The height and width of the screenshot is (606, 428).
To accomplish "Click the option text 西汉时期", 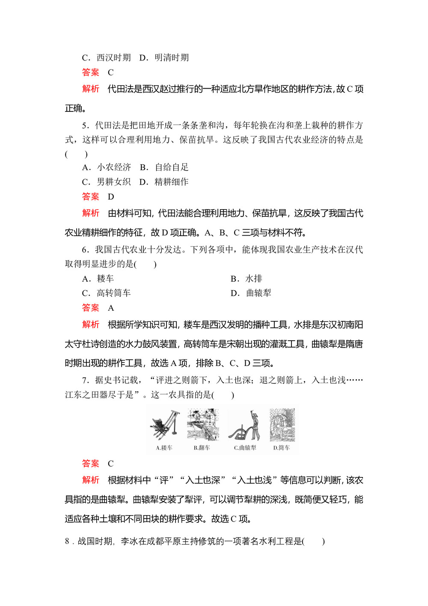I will [113, 58].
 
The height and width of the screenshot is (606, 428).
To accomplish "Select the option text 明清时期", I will [171, 58].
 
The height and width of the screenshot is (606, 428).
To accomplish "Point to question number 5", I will [86, 125].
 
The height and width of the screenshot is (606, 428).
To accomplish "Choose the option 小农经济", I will [114, 167].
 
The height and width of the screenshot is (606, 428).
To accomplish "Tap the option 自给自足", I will [171, 167].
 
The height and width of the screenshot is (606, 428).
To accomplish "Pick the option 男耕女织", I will [113, 182].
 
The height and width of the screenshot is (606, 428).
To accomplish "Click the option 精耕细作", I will [171, 182].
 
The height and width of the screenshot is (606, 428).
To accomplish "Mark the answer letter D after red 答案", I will [111, 197].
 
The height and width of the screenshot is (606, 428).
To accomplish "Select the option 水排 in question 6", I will [253, 279].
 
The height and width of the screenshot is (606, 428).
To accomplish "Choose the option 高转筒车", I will [113, 293].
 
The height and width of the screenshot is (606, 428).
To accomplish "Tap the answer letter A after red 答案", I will [111, 308].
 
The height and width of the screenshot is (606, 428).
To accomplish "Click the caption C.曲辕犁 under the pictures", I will [245, 448].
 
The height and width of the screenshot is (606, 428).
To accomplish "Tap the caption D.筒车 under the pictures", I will [282, 448].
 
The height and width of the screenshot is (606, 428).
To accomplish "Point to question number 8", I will [67, 541].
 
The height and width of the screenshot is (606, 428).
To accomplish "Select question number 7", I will [86, 380].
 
